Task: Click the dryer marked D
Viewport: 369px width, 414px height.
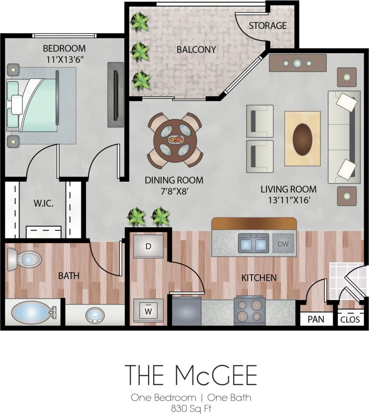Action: (x=148, y=246)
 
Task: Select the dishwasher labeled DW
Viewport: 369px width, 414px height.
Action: (x=283, y=244)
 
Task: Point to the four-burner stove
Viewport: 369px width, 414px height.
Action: (x=249, y=311)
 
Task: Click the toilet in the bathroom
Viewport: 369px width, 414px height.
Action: (x=24, y=259)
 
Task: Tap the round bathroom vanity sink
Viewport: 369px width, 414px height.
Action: (x=95, y=314)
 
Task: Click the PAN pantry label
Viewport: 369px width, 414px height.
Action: (x=316, y=319)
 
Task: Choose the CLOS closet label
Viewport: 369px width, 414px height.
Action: (x=350, y=319)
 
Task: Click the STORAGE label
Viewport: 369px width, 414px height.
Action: (x=268, y=26)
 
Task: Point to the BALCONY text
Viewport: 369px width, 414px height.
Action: (x=196, y=50)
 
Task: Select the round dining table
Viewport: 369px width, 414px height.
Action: (x=175, y=140)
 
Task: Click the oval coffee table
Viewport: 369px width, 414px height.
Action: (x=302, y=138)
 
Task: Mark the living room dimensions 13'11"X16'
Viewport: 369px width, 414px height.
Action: (x=288, y=200)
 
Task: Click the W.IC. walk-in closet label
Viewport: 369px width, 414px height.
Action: (x=44, y=203)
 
